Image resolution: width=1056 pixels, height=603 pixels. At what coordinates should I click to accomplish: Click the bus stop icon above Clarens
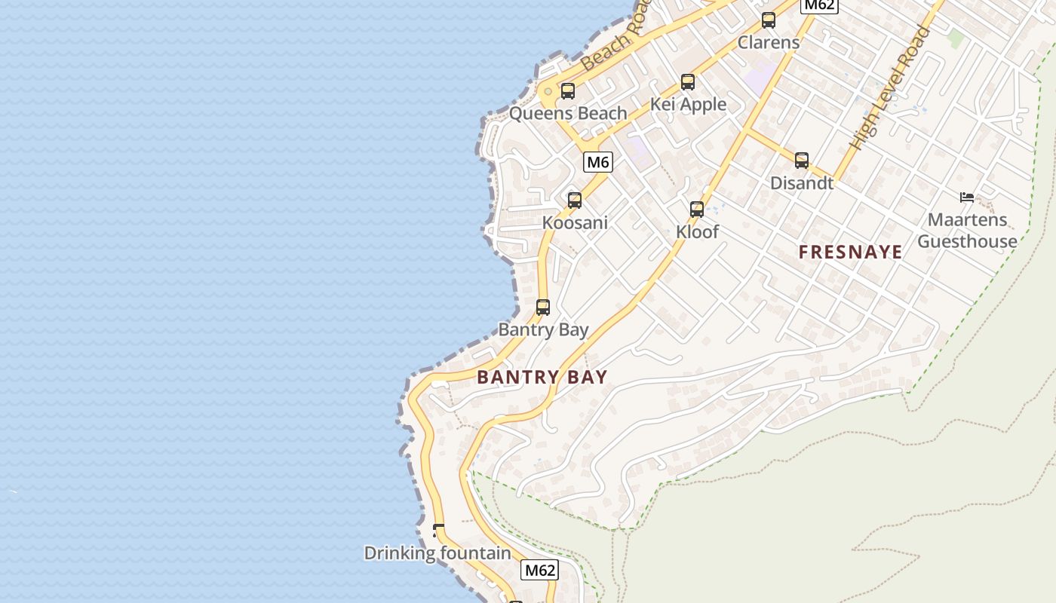769,20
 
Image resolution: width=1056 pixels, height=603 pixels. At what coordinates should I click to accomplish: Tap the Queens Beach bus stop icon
568,91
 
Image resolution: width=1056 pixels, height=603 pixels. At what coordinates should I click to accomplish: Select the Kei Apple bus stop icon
688,82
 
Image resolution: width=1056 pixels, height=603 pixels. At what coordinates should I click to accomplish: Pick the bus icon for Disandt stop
802,161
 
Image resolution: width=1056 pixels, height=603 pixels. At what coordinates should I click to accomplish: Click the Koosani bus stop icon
575,200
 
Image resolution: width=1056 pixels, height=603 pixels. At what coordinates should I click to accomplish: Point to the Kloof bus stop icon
697,210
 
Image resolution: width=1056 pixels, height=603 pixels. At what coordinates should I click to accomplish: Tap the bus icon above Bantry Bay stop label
543,308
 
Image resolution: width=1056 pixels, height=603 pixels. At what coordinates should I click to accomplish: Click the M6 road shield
597,162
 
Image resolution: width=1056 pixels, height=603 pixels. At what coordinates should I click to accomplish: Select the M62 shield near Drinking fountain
539,571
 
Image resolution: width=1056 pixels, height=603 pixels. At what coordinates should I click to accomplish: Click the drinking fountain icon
438,531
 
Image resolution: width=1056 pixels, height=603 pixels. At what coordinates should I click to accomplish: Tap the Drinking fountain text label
437,553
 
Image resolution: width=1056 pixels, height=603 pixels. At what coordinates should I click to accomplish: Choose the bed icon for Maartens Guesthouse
967,198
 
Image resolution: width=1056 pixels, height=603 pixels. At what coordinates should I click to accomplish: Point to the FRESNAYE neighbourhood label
850,253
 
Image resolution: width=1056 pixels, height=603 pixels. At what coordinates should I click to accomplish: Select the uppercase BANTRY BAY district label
542,378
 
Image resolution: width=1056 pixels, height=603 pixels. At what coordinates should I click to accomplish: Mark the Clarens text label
769,42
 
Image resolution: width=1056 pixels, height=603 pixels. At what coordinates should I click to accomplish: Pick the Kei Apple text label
688,105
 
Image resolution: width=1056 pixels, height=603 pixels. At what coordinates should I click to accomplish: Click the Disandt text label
802,183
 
